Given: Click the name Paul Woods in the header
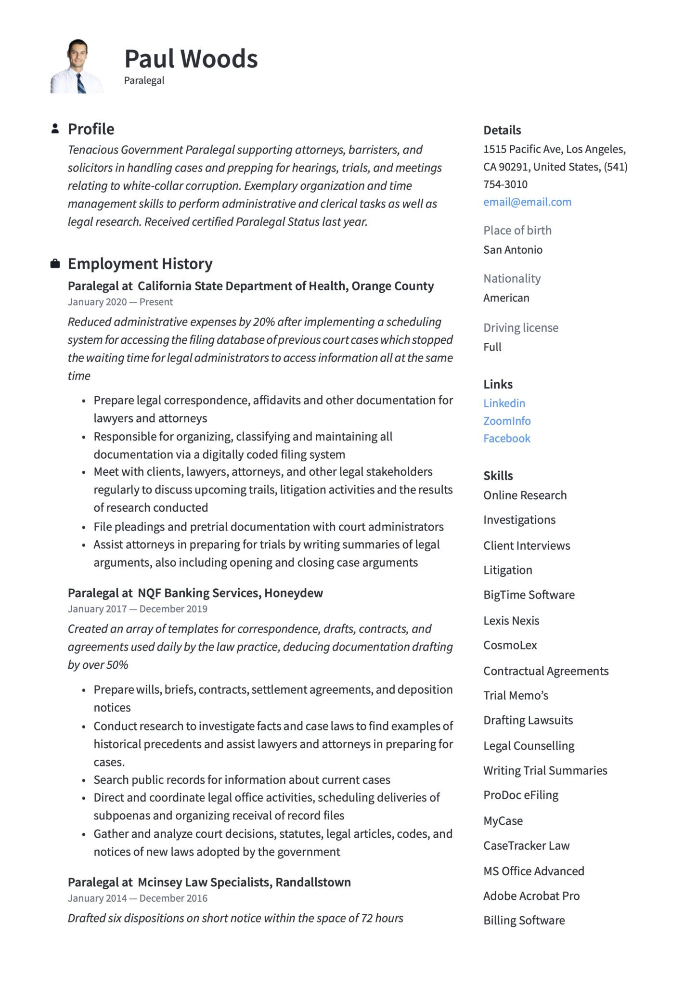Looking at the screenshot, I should coord(191,59).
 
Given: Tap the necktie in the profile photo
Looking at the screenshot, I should coord(81,83).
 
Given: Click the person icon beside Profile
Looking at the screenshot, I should coord(55,129).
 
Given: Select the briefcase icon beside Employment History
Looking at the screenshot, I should coord(55,263).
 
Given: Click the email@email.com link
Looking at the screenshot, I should coord(527,202).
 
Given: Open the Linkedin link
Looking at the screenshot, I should coord(504,403).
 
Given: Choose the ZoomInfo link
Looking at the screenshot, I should coord(507,421).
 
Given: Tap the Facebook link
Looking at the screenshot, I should coord(506,438).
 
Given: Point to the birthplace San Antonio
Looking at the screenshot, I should coord(513,249).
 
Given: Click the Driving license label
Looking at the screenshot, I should coord(521,327).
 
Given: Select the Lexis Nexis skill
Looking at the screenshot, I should coord(511,621).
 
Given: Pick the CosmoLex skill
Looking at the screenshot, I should coord(510,645).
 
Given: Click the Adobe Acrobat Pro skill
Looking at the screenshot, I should coord(531,895).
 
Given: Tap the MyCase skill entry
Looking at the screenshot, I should coord(503,820).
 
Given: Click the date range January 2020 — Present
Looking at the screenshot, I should coord(120,302).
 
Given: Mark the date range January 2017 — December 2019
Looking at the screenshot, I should coord(137,609).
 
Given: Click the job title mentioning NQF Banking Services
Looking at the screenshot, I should coord(195,593).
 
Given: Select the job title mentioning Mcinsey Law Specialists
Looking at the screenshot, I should coord(209,882).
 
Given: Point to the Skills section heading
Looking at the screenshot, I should coord(498,476).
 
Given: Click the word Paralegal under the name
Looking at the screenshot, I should coord(144,80).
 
